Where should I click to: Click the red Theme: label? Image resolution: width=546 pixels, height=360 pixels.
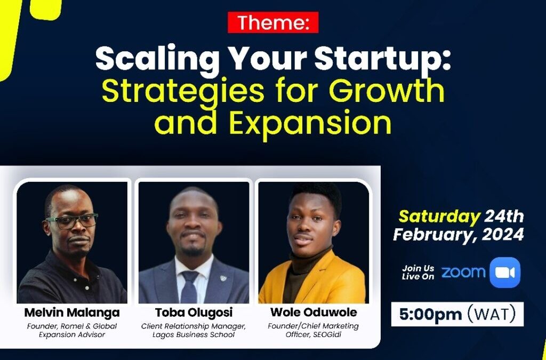pyautogui.click(x=273, y=22)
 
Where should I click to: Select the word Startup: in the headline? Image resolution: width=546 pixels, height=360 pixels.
pyautogui.click(x=383, y=60)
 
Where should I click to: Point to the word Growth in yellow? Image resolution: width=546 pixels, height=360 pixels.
pyautogui.click(x=387, y=91)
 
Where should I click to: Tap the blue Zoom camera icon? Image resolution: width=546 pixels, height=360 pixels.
pyautogui.click(x=505, y=273)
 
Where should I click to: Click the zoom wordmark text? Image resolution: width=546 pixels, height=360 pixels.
pyautogui.click(x=463, y=272)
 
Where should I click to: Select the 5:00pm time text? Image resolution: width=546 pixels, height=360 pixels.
pyautogui.click(x=430, y=314)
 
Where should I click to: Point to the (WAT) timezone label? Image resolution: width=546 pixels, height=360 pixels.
pyautogui.click(x=491, y=314)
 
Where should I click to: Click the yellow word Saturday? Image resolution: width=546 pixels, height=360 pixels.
pyautogui.click(x=439, y=217)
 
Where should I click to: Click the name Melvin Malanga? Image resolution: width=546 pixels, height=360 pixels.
pyautogui.click(x=72, y=313)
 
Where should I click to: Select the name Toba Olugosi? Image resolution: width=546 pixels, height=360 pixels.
pyautogui.click(x=194, y=313)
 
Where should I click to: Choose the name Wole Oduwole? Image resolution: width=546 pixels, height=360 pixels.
pyautogui.click(x=314, y=313)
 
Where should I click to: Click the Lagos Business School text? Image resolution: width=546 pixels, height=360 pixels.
pyautogui.click(x=194, y=335)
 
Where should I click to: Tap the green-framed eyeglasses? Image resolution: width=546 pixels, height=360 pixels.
pyautogui.click(x=72, y=221)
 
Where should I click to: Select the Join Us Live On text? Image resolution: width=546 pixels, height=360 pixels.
pyautogui.click(x=418, y=273)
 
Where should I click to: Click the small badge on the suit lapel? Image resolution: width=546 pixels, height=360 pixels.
pyautogui.click(x=223, y=278)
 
